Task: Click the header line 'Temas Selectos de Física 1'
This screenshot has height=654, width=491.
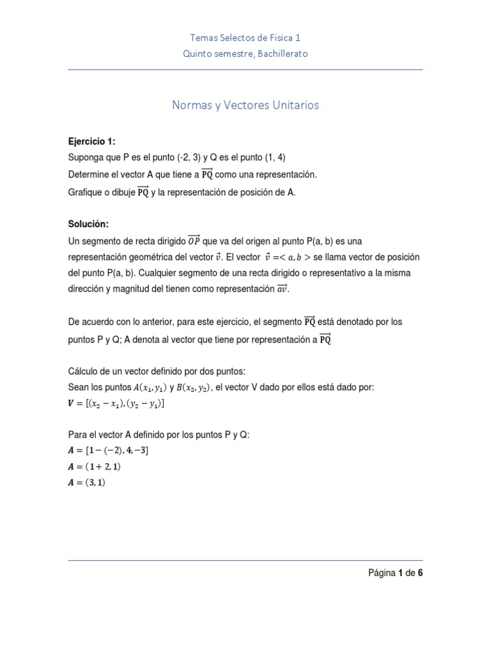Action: point(245,38)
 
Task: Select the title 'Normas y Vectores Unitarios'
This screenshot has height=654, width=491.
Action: point(245,105)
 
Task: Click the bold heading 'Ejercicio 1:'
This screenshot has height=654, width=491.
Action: point(91,141)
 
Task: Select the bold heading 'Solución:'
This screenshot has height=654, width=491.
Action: point(88,224)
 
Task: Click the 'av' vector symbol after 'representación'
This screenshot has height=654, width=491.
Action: point(282,289)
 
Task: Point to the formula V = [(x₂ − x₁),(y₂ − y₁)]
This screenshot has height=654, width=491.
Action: point(116,404)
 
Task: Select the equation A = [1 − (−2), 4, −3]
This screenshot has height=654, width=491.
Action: point(109,450)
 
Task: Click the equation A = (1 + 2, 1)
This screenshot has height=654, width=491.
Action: point(95,467)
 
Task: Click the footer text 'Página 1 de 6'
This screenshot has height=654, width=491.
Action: point(395,573)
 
